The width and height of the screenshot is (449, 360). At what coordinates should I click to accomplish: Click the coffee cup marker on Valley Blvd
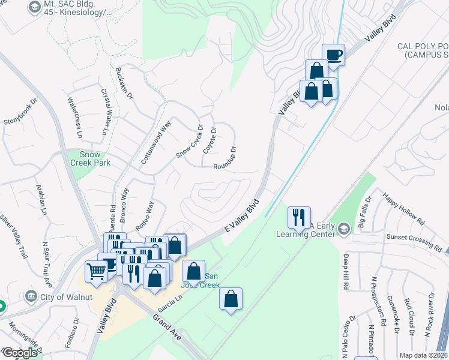334,55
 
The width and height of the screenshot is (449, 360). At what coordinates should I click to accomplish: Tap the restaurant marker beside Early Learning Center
299,218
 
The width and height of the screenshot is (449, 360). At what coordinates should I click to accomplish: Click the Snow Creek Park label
86,158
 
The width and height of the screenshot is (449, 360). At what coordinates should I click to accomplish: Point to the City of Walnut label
65,296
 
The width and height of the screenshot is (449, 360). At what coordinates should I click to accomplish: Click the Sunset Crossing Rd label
415,241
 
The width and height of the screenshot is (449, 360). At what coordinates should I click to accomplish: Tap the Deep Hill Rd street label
346,271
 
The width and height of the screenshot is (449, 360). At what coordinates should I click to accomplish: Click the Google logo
20,353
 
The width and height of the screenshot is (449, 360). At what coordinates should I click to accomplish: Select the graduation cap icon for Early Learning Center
343,228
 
